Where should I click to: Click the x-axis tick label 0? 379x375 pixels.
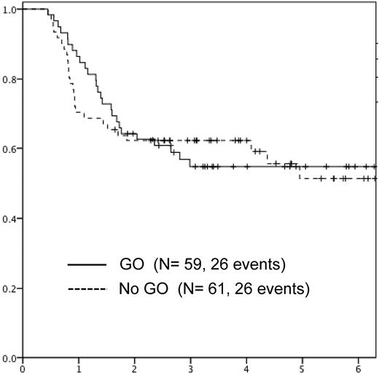pyautogui.click(x=23, y=369)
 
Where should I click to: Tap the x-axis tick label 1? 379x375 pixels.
pyautogui.click(x=79, y=369)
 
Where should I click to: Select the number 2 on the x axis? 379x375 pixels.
pyautogui.click(x=135, y=369)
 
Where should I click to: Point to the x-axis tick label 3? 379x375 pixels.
pyautogui.click(x=190, y=369)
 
